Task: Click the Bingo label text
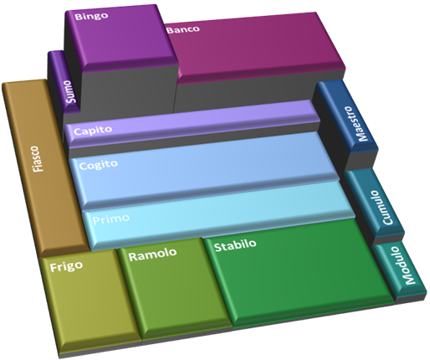[x=91, y=16]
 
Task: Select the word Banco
[x=183, y=29]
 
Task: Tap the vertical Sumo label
[x=70, y=91]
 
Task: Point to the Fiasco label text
[x=38, y=158]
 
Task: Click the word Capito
[x=93, y=131]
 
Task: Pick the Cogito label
[x=98, y=164]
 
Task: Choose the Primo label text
[x=110, y=219]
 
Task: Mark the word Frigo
[x=66, y=266]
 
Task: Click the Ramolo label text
[x=152, y=255]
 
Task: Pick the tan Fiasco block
[x=44, y=167]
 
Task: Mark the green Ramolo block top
[x=174, y=287]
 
